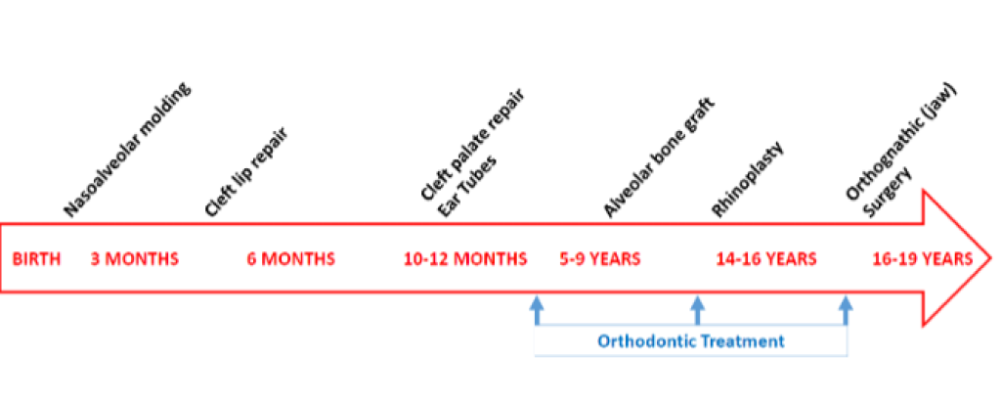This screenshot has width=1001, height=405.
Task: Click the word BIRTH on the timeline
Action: (x=37, y=259)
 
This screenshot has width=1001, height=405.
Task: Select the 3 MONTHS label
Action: (x=134, y=259)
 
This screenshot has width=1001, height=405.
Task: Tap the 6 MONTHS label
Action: (x=291, y=259)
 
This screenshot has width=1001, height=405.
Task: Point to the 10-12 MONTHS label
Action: (x=465, y=259)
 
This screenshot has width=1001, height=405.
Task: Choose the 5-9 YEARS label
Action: (x=600, y=259)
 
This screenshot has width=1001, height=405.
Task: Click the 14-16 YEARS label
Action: (x=766, y=259)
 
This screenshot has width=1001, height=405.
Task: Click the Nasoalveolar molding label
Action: (x=129, y=150)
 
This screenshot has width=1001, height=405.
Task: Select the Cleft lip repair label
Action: (x=245, y=172)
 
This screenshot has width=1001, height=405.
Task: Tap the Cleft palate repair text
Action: (x=472, y=148)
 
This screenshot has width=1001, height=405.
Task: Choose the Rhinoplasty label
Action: (x=748, y=179)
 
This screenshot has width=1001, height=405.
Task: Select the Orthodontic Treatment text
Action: (x=691, y=341)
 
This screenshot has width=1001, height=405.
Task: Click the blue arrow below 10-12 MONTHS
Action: (x=537, y=310)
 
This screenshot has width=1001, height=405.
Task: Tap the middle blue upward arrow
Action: (x=698, y=310)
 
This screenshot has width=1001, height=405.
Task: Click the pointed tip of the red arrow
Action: (x=991, y=258)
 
